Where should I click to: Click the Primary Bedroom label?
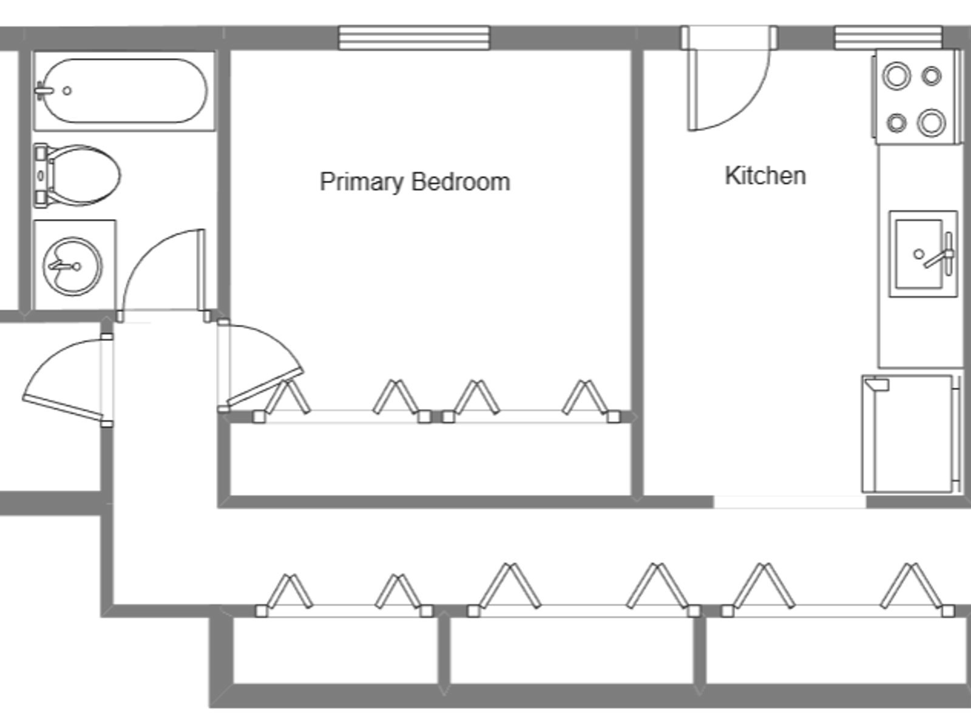click(415, 181)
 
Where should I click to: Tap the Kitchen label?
click(765, 175)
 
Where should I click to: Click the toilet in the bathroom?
click(77, 175)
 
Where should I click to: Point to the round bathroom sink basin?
click(72, 266)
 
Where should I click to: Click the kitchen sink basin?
click(919, 254)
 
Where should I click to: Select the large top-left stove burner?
click(896, 76)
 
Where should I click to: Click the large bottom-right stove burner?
click(931, 123)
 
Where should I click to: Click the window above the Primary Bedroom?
click(414, 38)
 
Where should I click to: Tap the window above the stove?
click(888, 38)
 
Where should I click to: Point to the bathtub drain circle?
click(67, 90)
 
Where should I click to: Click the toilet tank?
click(41, 175)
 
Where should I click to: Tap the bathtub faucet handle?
click(43, 91)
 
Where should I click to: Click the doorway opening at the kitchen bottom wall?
click(790, 502)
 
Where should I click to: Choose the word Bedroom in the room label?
click(461, 181)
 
